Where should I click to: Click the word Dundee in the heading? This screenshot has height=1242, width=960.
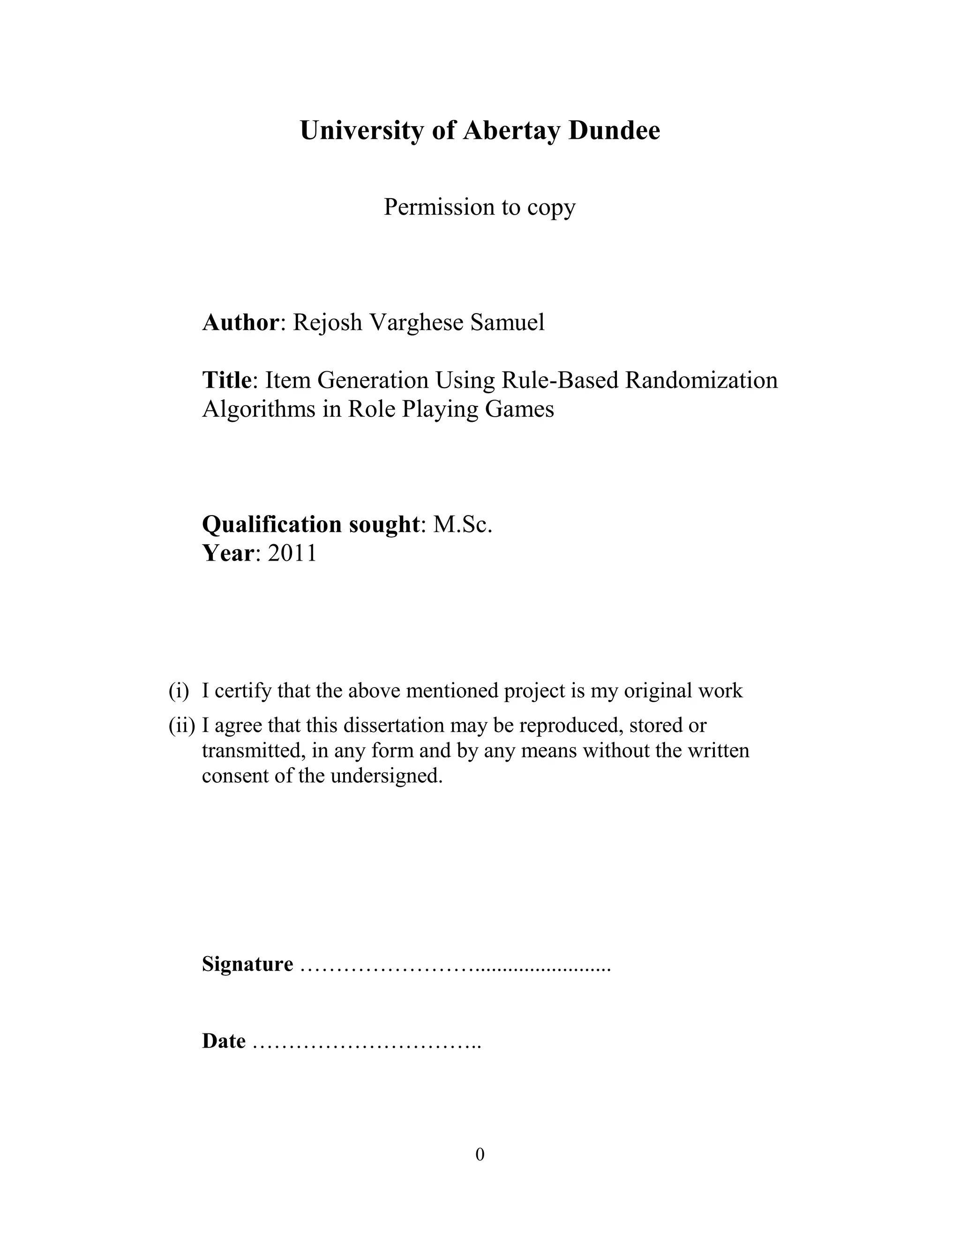pyautogui.click(x=614, y=131)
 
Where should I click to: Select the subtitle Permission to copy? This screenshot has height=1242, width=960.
pyautogui.click(x=480, y=207)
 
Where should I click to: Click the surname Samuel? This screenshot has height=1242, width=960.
pyautogui.click(x=507, y=322)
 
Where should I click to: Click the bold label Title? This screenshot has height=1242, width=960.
pyautogui.click(x=226, y=380)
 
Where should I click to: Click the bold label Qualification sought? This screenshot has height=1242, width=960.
pyautogui.click(x=310, y=524)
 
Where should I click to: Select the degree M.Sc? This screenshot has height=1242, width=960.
pyautogui.click(x=462, y=524)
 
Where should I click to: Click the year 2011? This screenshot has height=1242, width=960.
pyautogui.click(x=292, y=553)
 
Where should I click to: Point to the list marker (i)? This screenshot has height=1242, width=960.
pyautogui.click(x=179, y=691)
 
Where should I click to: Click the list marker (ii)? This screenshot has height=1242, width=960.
pyautogui.click(x=181, y=726)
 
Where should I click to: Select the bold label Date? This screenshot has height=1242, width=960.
pyautogui.click(x=224, y=1040)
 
